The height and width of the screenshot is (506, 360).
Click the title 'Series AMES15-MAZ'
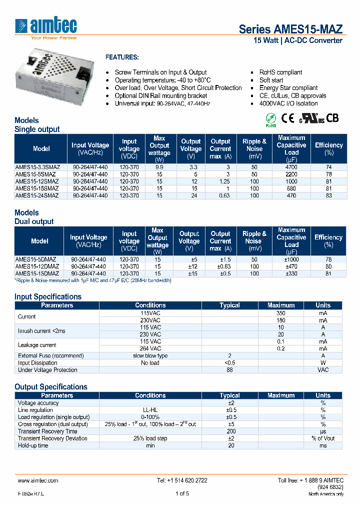tap(290, 29)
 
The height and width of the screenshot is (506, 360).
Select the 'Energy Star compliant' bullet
tap(288, 87)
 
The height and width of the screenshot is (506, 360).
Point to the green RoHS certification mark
tap(270, 118)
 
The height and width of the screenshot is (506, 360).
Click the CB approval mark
tap(332, 118)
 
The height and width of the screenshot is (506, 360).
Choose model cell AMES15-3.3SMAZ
tap(37, 167)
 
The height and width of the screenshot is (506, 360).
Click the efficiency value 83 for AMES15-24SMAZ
tap(328, 195)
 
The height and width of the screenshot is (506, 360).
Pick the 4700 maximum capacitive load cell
tap(291, 167)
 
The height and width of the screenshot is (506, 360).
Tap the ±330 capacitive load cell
tap(291, 273)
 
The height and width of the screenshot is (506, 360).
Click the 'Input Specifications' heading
tap(48, 296)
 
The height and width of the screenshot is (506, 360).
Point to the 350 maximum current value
tap(281, 312)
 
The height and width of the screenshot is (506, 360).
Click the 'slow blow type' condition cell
tap(150, 355)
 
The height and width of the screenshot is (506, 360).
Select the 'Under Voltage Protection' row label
tap(47, 370)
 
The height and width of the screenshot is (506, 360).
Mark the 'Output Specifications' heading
tap(51, 386)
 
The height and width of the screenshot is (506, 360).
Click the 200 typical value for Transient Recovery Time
tap(230, 431)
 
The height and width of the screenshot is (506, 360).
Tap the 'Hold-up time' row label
tap(33, 445)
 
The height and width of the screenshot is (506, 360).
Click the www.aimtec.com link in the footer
tap(38, 480)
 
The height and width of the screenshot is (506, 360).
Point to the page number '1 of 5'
tap(182, 493)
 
